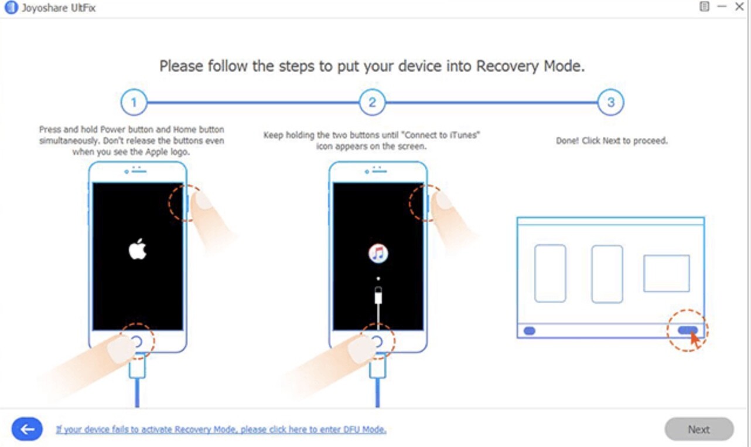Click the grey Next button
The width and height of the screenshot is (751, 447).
tap(699, 429)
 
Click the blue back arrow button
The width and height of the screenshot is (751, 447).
tap(27, 429)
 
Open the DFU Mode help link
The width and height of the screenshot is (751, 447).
tap(221, 429)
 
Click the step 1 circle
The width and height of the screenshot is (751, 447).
tap(134, 103)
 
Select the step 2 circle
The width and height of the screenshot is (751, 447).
tap(372, 103)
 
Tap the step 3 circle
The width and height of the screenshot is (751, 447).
tap(610, 103)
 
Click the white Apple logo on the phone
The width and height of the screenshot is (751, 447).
tap(138, 249)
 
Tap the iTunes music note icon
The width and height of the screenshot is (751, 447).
tap(378, 253)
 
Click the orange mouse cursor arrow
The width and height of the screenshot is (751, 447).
tap(694, 339)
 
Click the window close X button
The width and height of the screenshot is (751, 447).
tap(739, 6)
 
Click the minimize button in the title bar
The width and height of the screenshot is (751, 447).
tap(722, 6)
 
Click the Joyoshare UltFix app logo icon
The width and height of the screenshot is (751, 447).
tap(10, 8)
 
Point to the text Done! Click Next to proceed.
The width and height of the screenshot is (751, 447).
tap(612, 141)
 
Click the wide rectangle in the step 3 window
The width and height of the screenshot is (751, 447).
tap(666, 273)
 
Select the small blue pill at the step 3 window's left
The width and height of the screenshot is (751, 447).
tap(529, 331)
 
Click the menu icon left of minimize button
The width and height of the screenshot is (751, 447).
tap(704, 6)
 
